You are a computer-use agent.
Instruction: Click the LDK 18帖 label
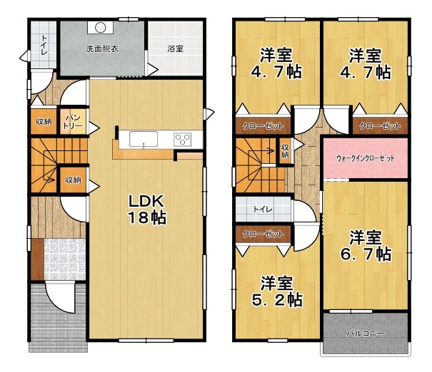(x=147, y=210)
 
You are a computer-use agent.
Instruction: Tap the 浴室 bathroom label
(x=175, y=49)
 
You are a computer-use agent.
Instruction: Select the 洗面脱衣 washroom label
(x=102, y=49)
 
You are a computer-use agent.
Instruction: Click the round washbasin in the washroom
(x=100, y=27)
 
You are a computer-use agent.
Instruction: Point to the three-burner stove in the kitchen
(x=182, y=140)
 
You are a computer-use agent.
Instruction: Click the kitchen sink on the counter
(x=144, y=139)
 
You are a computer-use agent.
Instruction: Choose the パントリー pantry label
(x=73, y=122)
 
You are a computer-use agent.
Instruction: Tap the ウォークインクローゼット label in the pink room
(x=366, y=158)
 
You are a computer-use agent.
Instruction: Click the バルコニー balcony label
(x=366, y=334)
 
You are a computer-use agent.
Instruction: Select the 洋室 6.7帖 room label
(x=366, y=246)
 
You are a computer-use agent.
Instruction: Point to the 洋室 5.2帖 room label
(x=277, y=291)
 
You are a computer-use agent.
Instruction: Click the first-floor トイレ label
(x=44, y=44)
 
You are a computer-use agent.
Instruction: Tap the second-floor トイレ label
(x=263, y=209)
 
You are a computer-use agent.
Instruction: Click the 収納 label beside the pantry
(x=44, y=122)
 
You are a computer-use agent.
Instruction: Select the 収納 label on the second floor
(x=285, y=151)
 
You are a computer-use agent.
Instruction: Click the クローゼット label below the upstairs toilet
(x=263, y=234)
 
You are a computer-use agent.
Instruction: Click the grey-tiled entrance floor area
(x=65, y=259)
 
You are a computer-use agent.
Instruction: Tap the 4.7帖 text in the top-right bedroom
(x=366, y=72)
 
